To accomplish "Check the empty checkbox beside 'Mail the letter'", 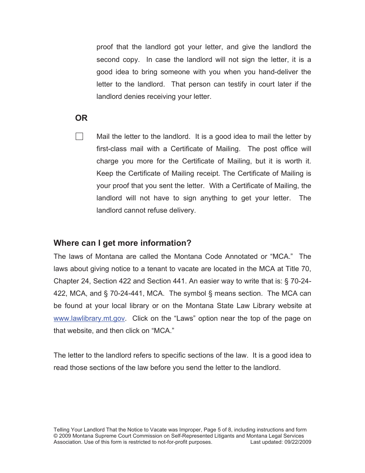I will point(80,137).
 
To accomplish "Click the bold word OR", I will point(81,118).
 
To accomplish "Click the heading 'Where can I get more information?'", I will point(122,243).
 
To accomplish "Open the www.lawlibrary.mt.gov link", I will point(89,318).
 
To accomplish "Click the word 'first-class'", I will point(111,149).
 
